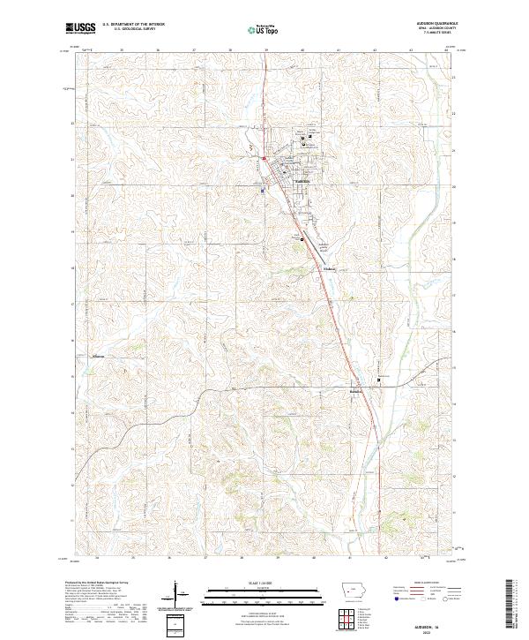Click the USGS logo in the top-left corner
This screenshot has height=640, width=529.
point(81,27)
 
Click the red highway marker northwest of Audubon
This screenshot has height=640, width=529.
point(264,159)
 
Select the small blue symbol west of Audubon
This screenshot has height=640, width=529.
point(262,189)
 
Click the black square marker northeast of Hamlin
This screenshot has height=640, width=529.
point(380,380)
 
